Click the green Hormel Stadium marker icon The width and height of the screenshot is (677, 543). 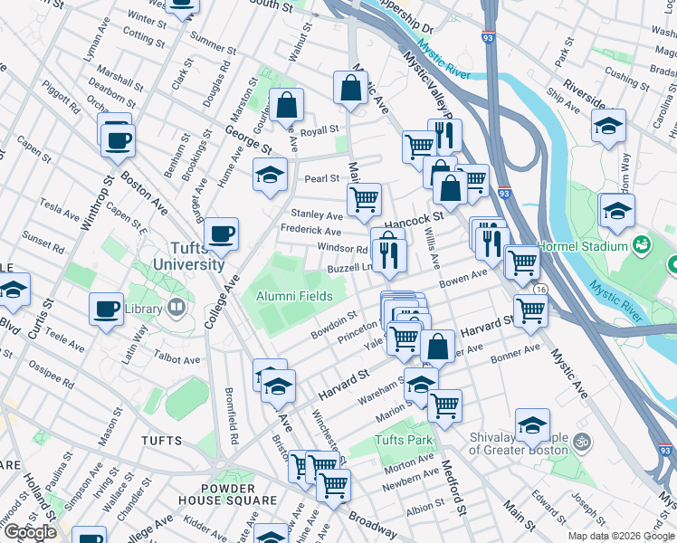[642, 244]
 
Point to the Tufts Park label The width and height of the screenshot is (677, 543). [405, 441]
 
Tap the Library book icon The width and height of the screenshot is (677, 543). [175, 308]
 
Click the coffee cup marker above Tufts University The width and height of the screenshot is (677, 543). [221, 234]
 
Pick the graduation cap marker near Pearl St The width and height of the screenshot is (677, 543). [270, 174]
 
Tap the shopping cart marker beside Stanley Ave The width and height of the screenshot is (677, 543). [364, 199]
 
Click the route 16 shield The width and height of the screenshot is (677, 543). [540, 288]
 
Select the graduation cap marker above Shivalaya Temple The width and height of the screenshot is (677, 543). [532, 425]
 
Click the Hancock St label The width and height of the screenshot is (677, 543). [411, 217]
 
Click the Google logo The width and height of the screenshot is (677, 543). [29, 532]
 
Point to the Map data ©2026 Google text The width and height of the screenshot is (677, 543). [620, 536]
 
